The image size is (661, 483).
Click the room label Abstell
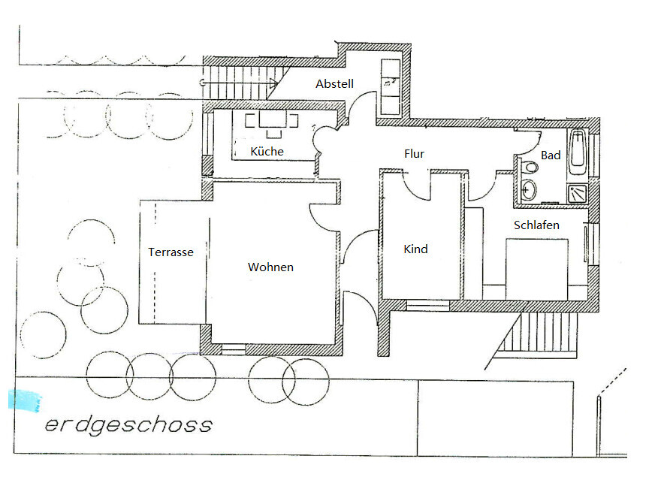tap(334, 84)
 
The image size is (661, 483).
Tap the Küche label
tap(267, 152)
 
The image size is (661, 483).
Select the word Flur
tap(414, 154)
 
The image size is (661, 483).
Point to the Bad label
tap(551, 155)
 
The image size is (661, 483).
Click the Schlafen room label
tap(536, 225)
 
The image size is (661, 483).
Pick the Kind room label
tap(415, 249)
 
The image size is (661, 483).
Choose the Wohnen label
tap(270, 267)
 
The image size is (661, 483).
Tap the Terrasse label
tap(171, 252)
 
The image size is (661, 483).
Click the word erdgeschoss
tap(128, 425)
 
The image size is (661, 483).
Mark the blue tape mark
tap(25, 400)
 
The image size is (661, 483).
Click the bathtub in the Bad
tap(578, 151)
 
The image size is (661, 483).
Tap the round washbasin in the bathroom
tap(530, 189)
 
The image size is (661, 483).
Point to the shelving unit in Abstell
tap(391, 86)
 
